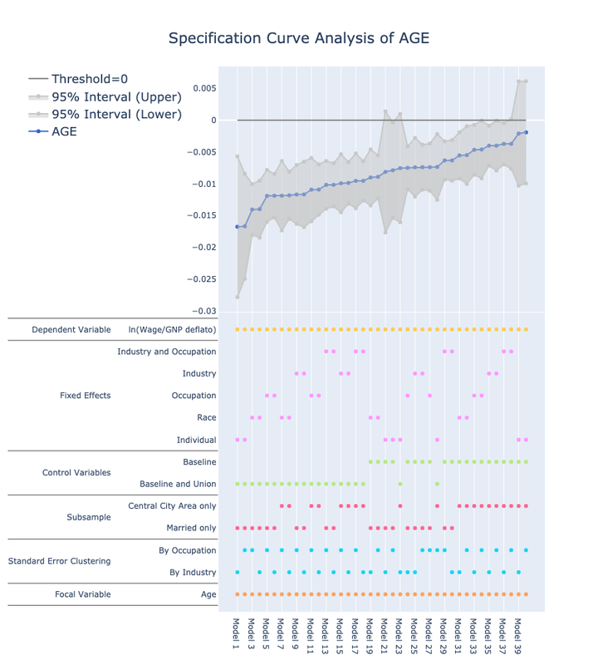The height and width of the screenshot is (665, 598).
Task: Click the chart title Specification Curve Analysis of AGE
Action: click(299, 38)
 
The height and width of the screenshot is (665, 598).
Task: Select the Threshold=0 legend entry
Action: click(90, 79)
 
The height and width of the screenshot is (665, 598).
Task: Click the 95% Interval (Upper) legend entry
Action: click(116, 96)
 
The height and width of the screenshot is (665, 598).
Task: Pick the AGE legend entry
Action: click(64, 131)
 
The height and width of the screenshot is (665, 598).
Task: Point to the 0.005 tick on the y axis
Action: click(204, 88)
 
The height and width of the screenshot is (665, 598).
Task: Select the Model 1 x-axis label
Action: click(237, 633)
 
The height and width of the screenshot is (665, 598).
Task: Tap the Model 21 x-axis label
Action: click(385, 636)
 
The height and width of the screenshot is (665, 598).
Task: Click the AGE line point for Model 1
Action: click(238, 227)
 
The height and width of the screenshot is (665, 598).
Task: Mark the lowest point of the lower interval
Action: click(238, 297)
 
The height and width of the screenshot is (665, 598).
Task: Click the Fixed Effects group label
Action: click(85, 396)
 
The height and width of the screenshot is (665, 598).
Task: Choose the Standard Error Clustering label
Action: click(59, 561)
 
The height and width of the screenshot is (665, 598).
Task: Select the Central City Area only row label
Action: click(172, 505)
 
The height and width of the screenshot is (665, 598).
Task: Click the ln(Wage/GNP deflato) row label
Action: click(172, 330)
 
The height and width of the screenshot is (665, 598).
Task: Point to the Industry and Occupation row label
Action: click(167, 352)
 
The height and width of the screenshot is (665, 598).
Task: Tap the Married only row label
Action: click(191, 528)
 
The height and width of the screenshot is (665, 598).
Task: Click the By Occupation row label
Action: click(187, 550)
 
